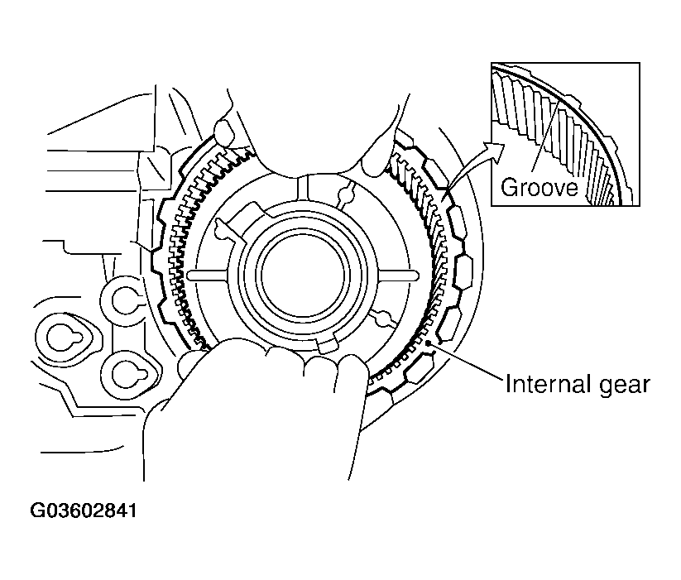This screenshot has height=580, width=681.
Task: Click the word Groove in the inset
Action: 539,187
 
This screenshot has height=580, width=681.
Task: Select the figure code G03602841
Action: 84,510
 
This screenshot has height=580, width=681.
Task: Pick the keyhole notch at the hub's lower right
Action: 382,317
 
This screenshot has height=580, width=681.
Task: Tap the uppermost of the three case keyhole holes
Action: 125,300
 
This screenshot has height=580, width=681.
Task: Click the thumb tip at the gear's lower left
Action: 189,362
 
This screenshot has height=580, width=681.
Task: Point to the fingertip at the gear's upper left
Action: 224,131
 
